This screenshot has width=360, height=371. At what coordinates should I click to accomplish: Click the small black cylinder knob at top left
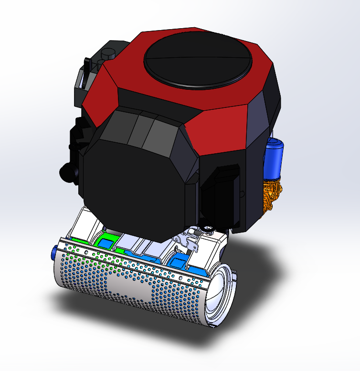click(108, 54)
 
